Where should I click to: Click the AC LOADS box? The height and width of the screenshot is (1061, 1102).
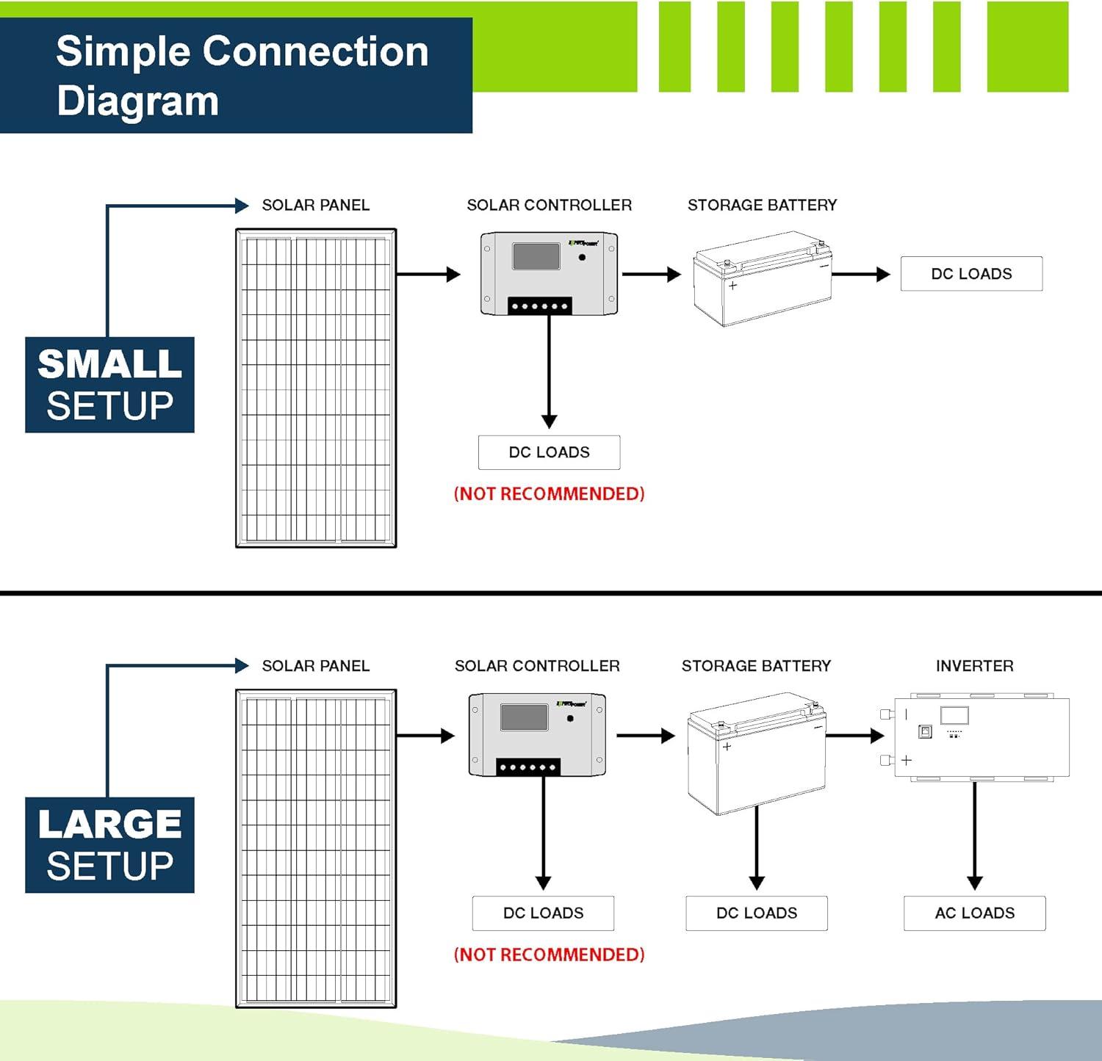coord(974,913)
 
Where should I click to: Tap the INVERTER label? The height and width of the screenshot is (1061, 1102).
coord(974,666)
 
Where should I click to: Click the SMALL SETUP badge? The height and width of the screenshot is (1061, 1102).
coord(109,385)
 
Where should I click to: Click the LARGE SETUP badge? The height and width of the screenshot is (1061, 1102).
coord(109,845)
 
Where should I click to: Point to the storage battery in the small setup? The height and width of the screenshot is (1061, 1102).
coord(762,279)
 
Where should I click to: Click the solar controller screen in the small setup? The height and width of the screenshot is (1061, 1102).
coord(536,256)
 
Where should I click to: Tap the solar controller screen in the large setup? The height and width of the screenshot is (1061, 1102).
coord(524,717)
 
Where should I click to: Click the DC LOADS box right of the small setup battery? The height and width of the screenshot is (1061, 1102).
coord(971,274)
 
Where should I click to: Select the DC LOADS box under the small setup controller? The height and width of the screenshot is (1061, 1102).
coord(549,452)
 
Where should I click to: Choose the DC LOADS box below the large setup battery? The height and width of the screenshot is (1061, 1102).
coord(756,913)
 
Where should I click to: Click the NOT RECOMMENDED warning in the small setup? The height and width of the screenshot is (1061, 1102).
coord(549,493)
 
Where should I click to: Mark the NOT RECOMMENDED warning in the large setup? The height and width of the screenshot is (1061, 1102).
coord(549,955)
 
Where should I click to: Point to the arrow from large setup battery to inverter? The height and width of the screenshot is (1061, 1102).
coord(855,735)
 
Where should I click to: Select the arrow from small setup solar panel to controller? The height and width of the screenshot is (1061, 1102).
coord(428,275)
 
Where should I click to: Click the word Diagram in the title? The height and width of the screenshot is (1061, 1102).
coord(137,101)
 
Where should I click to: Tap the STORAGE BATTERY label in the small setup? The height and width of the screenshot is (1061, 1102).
coord(762,205)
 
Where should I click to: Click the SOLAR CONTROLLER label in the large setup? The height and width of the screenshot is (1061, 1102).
coord(537,666)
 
